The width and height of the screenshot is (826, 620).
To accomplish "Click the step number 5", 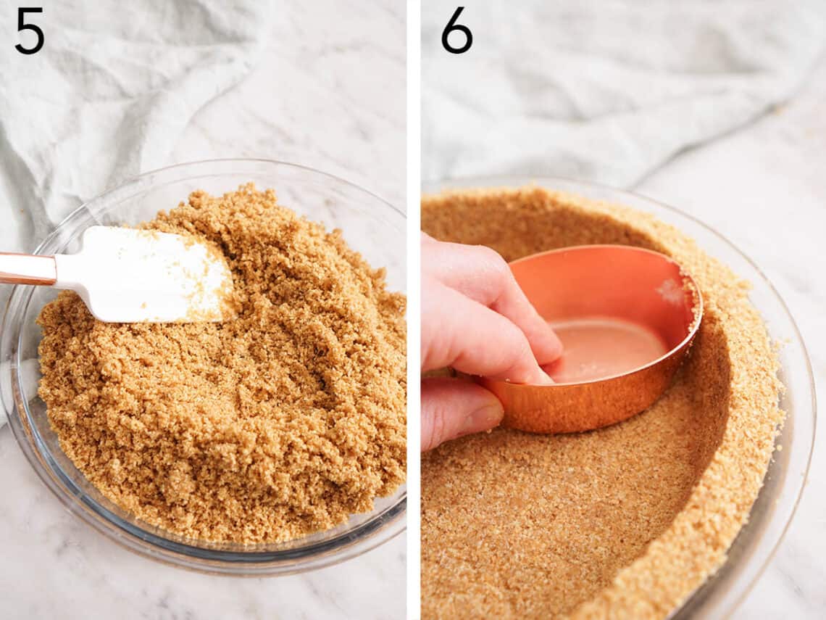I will coord(29,31).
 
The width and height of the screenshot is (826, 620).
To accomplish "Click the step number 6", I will coord(456,31).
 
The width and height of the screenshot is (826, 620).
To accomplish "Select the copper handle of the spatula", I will coord(25,268).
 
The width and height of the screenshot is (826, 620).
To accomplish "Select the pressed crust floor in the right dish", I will coord(551,522).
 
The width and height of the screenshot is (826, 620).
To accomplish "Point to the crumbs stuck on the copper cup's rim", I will coord(674,290).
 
